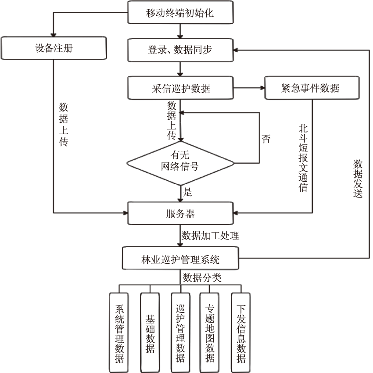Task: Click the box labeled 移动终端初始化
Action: coord(180,12)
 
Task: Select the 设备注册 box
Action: coord(54,48)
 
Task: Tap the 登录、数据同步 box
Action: coord(180,50)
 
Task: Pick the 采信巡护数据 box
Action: coord(180,88)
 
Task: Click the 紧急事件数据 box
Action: coord(312,88)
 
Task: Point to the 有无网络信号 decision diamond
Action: coord(180,163)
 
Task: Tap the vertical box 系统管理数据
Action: coord(120,333)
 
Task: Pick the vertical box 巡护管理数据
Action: coord(180,333)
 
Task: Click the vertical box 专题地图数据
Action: coord(210,333)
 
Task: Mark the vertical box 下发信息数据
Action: coord(240,333)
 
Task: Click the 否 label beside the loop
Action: coord(266,140)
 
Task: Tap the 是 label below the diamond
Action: coord(188,192)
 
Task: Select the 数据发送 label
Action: coord(358,178)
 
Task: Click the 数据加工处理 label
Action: coord(211,236)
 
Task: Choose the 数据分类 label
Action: coord(202,277)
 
